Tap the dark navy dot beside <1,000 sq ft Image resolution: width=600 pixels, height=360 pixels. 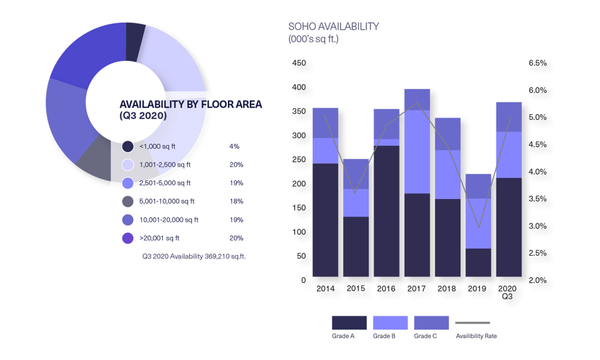tap(128, 146)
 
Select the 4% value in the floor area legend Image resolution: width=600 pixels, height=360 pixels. tap(233, 146)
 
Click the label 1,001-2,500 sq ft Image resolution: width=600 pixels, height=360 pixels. tap(166, 165)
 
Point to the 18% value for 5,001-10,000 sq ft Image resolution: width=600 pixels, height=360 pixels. tap(235, 202)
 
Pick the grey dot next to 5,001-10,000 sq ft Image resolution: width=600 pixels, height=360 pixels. tap(128, 202)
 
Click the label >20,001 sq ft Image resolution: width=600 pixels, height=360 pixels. tap(160, 238)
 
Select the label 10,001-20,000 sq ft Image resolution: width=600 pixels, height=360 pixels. tap(168, 220)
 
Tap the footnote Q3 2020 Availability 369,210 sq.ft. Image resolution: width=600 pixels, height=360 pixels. tap(194, 256)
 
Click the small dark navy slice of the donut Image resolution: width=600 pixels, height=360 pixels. tap(134, 38)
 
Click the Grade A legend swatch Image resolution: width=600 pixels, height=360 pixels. tap(349, 323)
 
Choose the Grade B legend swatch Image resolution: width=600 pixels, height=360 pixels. tap(390, 323)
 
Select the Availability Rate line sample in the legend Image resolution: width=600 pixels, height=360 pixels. tap(472, 323)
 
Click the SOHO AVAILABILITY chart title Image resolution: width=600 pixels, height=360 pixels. tap(333, 26)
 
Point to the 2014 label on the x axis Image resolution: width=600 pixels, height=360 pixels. tap(325, 285)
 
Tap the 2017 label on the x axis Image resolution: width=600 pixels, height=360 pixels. tap(417, 285)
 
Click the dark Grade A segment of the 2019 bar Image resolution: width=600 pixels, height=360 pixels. tap(478, 263)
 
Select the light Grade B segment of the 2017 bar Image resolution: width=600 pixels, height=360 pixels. tap(417, 152)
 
